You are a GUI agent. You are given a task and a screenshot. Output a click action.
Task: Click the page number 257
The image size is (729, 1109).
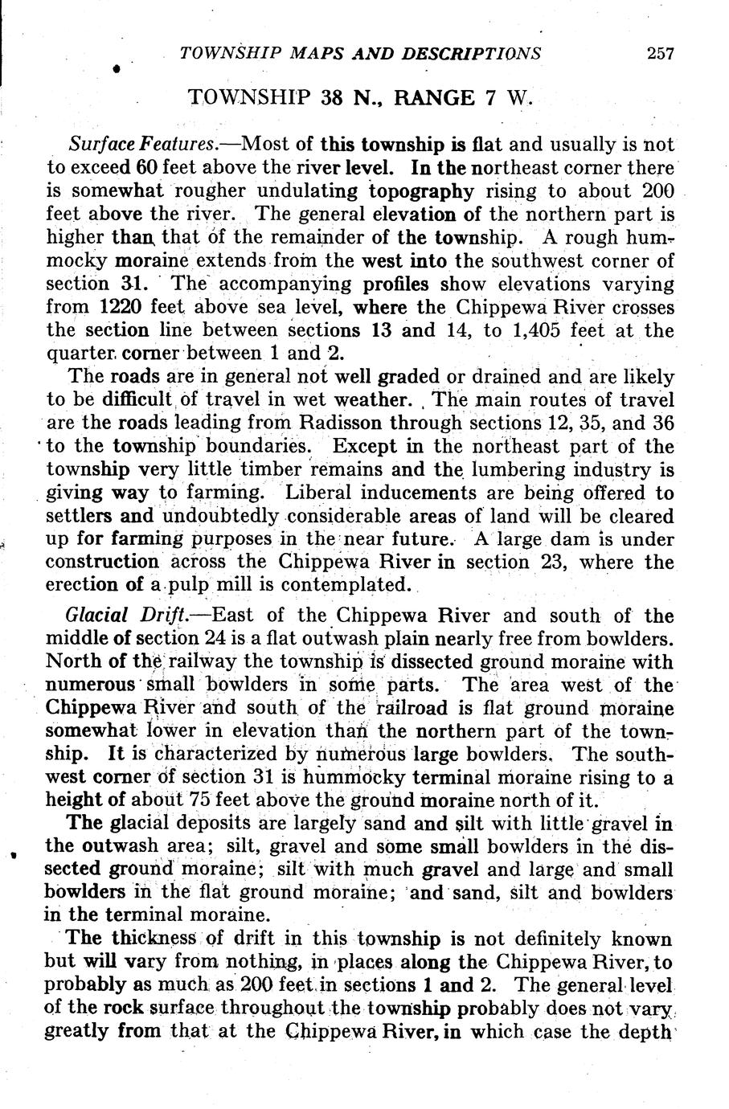pos(661,55)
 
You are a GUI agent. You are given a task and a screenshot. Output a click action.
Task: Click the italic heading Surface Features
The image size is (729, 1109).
pos(142,145)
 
